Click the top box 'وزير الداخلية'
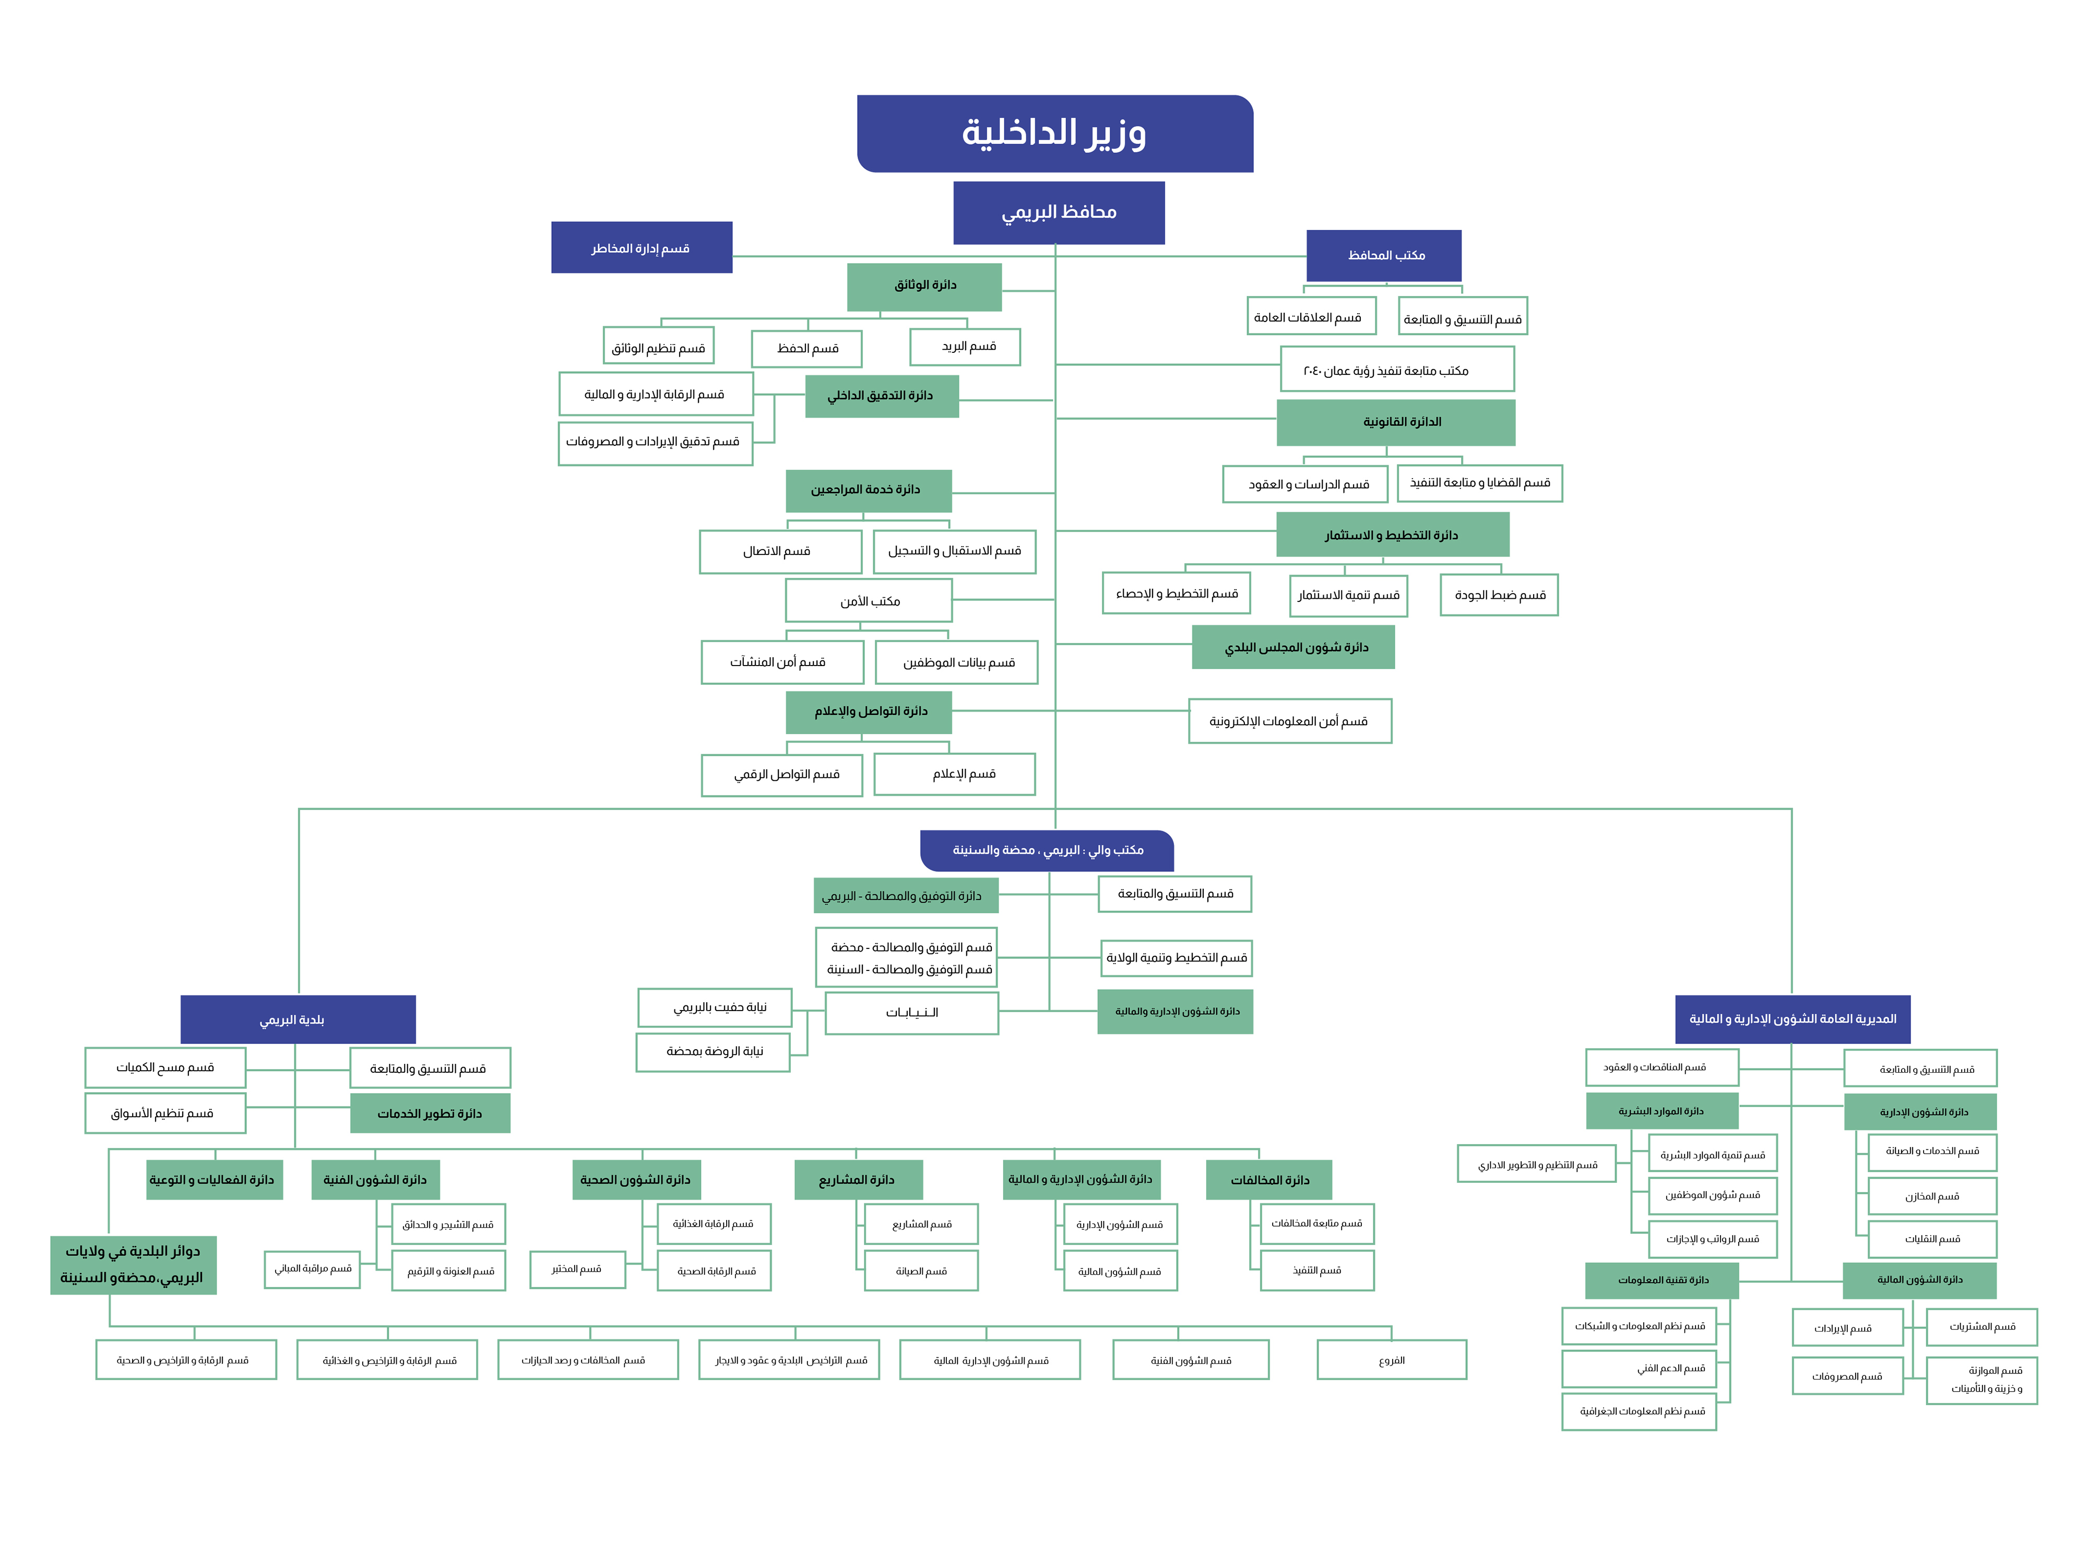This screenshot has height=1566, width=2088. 1054,133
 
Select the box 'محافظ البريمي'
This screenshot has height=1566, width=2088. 1058,212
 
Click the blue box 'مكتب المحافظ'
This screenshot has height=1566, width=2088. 1384,255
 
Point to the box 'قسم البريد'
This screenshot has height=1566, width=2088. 965,347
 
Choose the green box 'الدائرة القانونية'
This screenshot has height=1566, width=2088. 1395,422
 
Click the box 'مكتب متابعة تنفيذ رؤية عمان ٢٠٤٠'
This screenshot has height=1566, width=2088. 1396,369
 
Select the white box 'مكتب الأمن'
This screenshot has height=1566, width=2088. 869,600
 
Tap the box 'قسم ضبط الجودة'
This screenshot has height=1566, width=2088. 1498,595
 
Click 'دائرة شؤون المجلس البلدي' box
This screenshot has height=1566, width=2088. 1292,647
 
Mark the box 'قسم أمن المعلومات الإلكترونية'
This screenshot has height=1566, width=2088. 1289,721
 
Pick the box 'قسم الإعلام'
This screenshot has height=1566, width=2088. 954,774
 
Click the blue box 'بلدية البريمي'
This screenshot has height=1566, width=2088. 298,1019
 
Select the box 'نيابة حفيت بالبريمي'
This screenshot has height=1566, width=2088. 715,1007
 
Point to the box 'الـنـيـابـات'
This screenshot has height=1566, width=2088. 911,1013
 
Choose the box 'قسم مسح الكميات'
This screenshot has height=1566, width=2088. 165,1067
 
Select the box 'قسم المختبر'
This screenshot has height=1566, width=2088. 577,1268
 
